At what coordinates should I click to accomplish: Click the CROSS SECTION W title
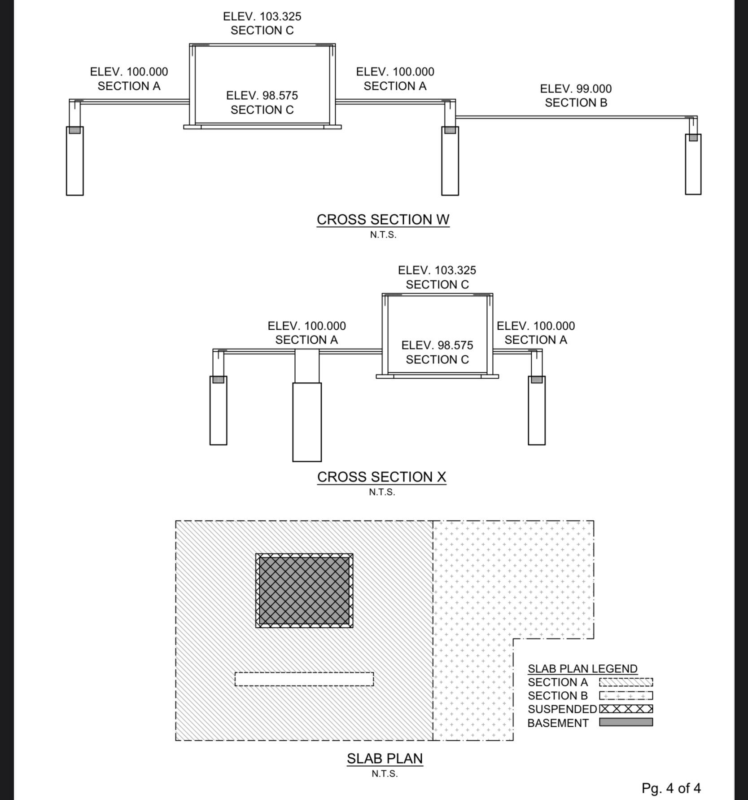pyautogui.click(x=383, y=219)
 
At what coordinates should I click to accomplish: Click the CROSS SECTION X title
pyautogui.click(x=381, y=477)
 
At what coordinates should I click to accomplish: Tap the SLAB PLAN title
pyautogui.click(x=385, y=758)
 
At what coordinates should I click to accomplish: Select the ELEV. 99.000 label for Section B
pyautogui.click(x=576, y=89)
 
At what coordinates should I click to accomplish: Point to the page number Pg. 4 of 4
pyautogui.click(x=671, y=788)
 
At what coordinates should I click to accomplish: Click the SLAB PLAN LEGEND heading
pyautogui.click(x=582, y=668)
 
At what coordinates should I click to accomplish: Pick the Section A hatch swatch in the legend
pyautogui.click(x=626, y=682)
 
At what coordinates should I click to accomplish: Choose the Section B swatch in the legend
pyautogui.click(x=626, y=696)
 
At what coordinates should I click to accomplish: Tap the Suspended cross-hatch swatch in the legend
pyautogui.click(x=626, y=709)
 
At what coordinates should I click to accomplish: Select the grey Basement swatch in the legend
pyautogui.click(x=626, y=722)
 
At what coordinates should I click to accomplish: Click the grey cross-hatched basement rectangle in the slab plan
pyautogui.click(x=304, y=591)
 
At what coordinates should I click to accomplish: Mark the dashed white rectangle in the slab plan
pyautogui.click(x=304, y=679)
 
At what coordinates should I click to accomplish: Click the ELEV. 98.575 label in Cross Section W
pyautogui.click(x=262, y=96)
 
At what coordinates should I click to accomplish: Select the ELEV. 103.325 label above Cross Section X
pyautogui.click(x=437, y=270)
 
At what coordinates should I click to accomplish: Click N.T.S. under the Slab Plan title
pyautogui.click(x=385, y=773)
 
